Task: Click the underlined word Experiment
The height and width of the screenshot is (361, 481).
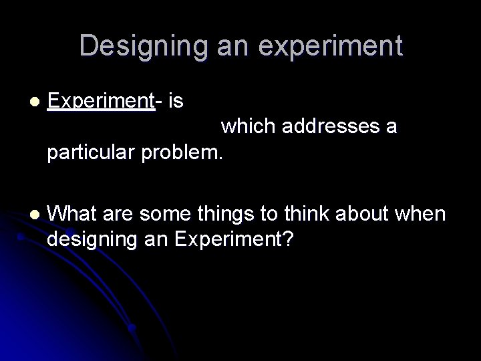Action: [102, 101]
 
